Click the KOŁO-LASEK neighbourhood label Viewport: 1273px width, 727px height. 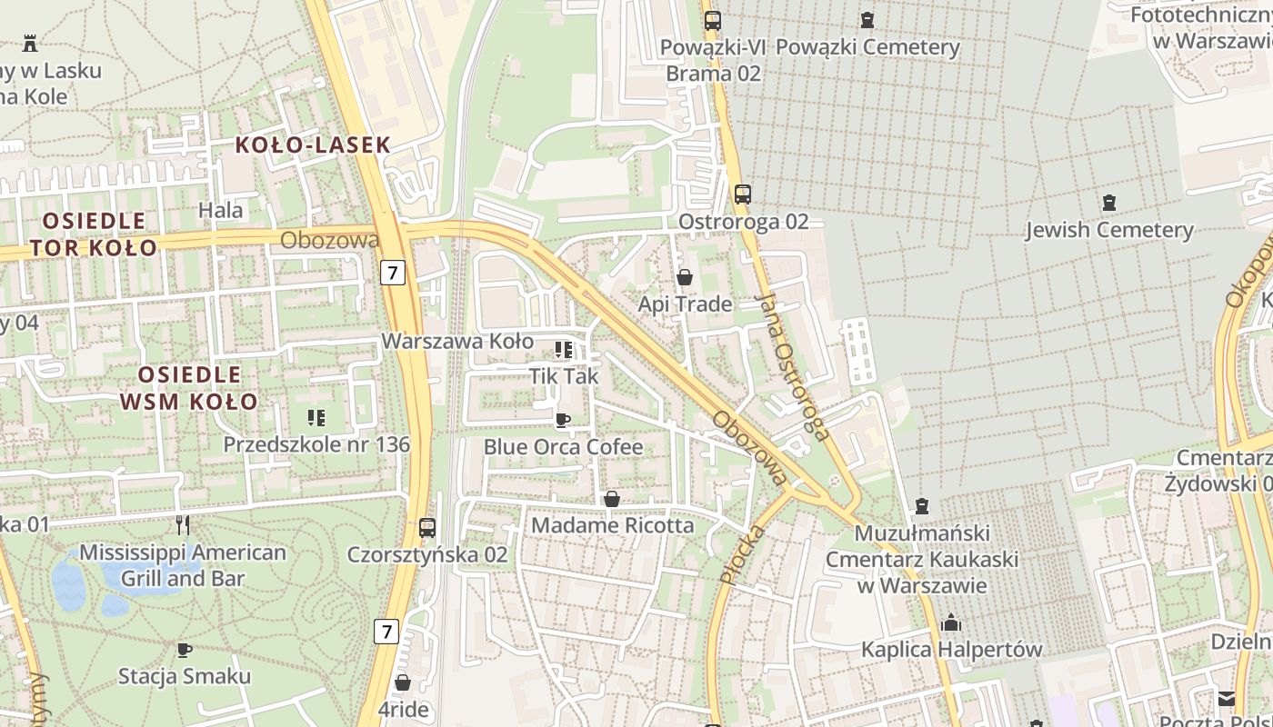(313, 144)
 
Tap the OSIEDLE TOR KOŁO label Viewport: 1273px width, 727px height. (94, 234)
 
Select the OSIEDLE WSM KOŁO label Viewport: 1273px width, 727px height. (189, 388)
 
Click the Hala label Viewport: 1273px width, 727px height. (221, 211)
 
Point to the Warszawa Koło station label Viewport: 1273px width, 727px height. (457, 341)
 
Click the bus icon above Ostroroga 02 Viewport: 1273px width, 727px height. (743, 194)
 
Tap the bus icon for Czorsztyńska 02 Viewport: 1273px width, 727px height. (427, 527)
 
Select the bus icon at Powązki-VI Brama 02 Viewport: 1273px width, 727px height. (713, 20)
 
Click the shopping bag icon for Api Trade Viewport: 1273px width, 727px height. (685, 277)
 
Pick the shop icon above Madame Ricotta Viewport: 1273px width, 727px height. (612, 499)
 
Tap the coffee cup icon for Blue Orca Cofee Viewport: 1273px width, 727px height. (563, 420)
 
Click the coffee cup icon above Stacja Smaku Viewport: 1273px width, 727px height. (185, 650)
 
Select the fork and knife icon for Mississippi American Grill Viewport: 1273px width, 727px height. (183, 525)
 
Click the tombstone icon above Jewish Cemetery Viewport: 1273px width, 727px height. (1108, 203)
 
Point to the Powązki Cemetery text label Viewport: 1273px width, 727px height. (867, 47)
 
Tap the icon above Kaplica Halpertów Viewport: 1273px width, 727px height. (951, 623)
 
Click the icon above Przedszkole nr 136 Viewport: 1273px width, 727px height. (316, 418)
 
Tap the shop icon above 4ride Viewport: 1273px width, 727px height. (403, 682)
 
